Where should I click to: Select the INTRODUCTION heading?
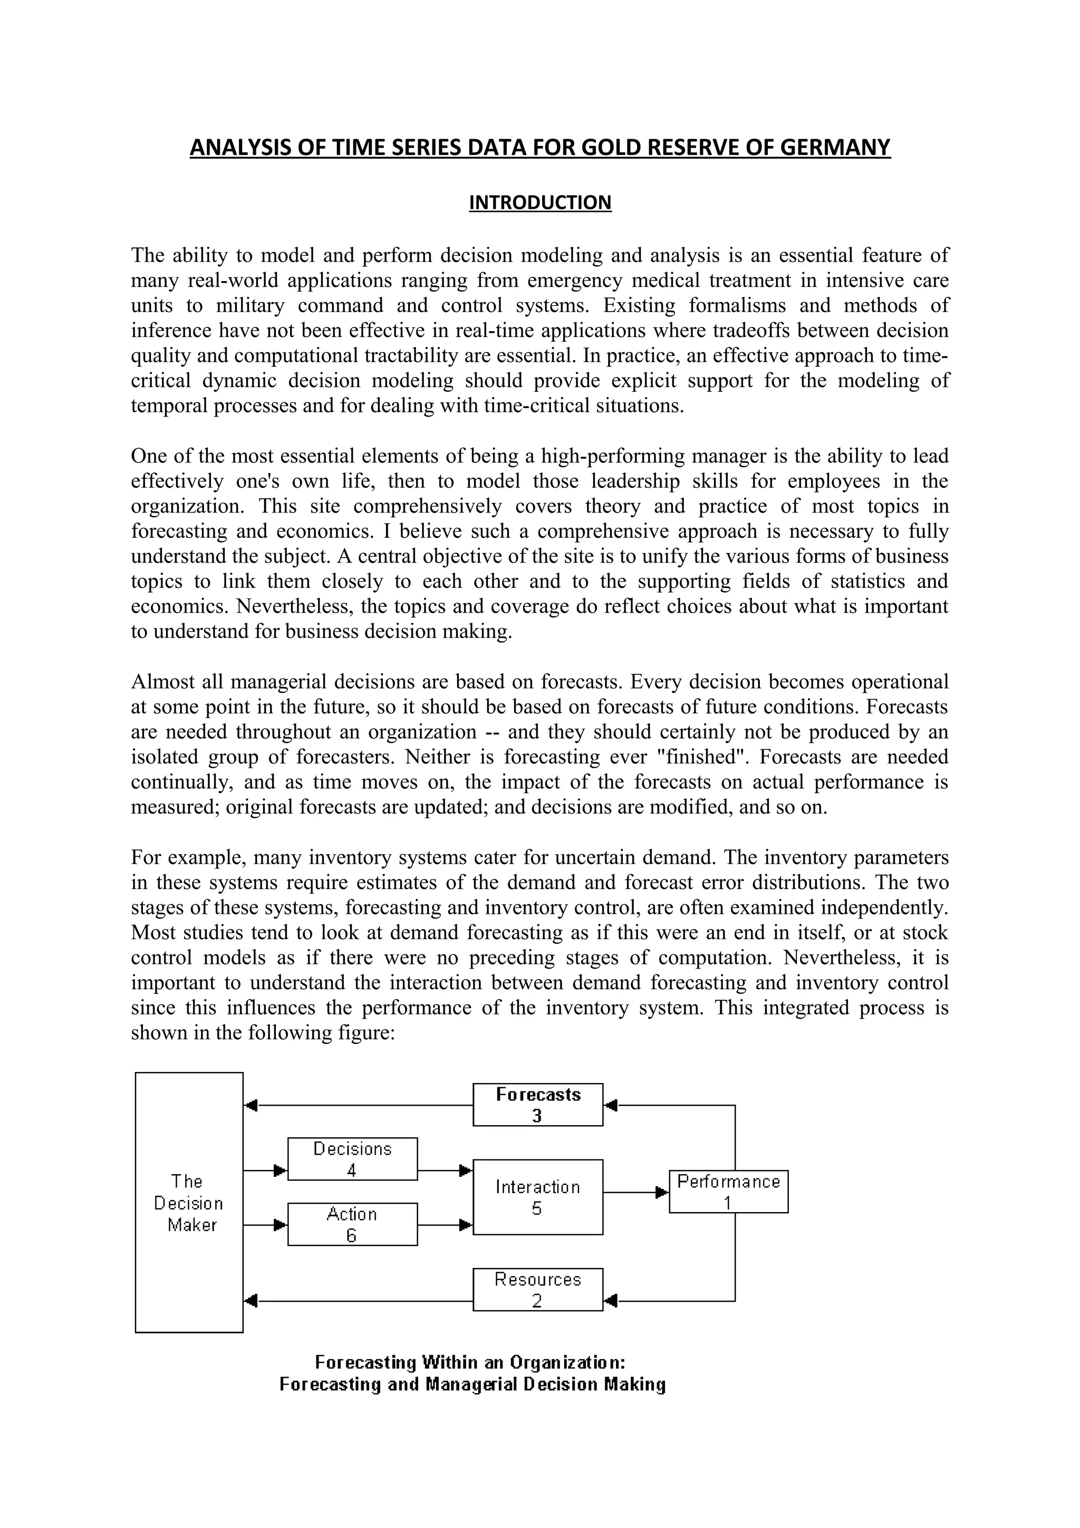pos(539,202)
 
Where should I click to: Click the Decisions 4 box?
pos(352,1158)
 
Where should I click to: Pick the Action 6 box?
pos(352,1224)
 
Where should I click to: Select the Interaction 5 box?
pos(538,1196)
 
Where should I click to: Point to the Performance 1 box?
pos(728,1191)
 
